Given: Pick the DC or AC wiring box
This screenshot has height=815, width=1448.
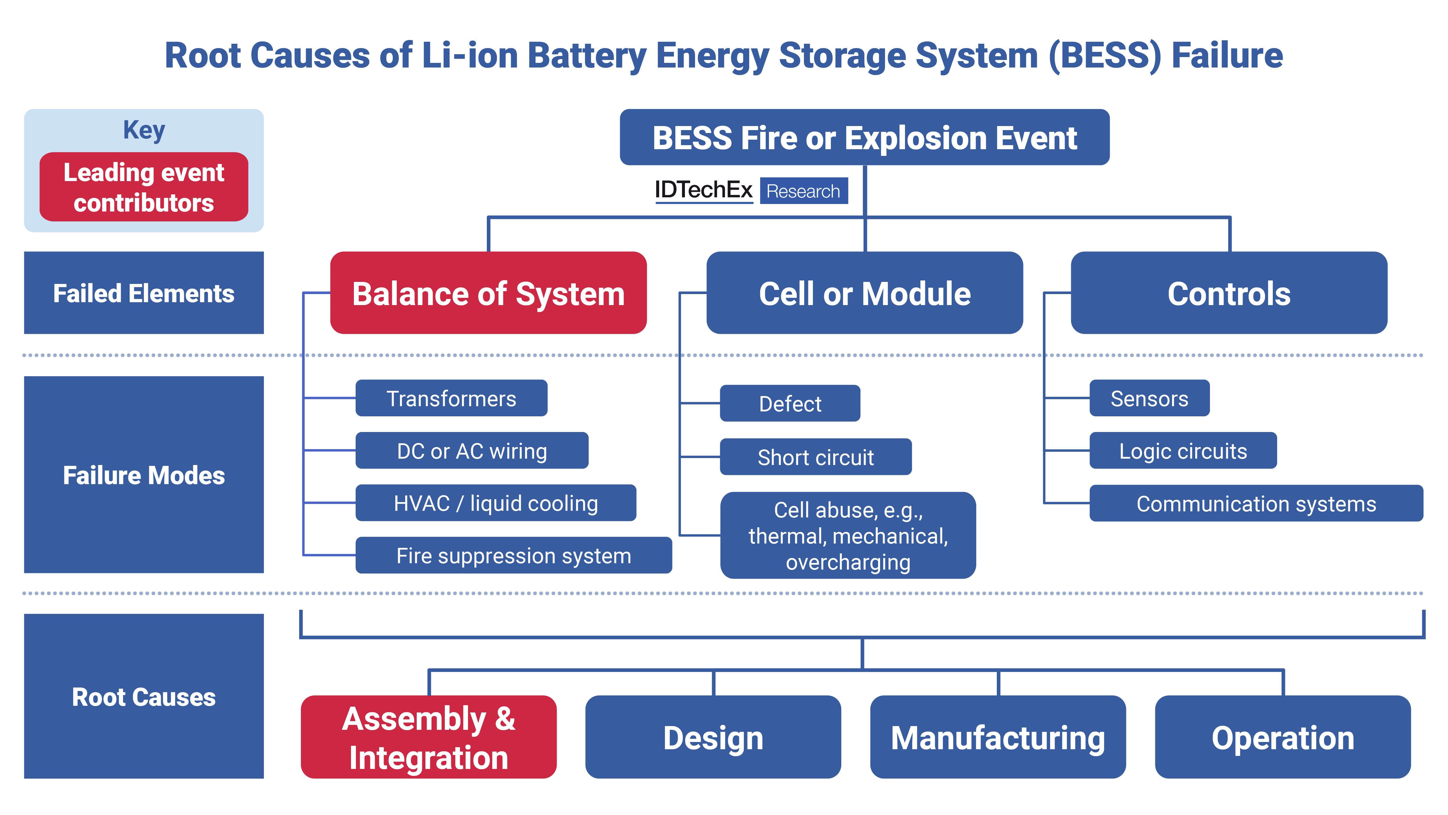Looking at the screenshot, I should click(x=471, y=451).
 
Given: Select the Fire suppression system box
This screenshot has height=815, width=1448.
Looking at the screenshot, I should click(x=513, y=555).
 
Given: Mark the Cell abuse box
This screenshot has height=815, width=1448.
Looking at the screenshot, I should click(x=848, y=535).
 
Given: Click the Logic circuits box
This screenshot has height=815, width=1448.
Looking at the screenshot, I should click(x=1183, y=451).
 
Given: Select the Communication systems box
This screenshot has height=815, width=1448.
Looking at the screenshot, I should click(x=1256, y=503).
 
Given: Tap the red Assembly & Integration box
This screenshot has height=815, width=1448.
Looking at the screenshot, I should click(x=428, y=737).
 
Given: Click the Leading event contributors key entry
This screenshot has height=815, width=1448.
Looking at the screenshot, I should click(x=144, y=187).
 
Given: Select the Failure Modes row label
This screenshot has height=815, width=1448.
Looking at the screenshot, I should click(x=144, y=475).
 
